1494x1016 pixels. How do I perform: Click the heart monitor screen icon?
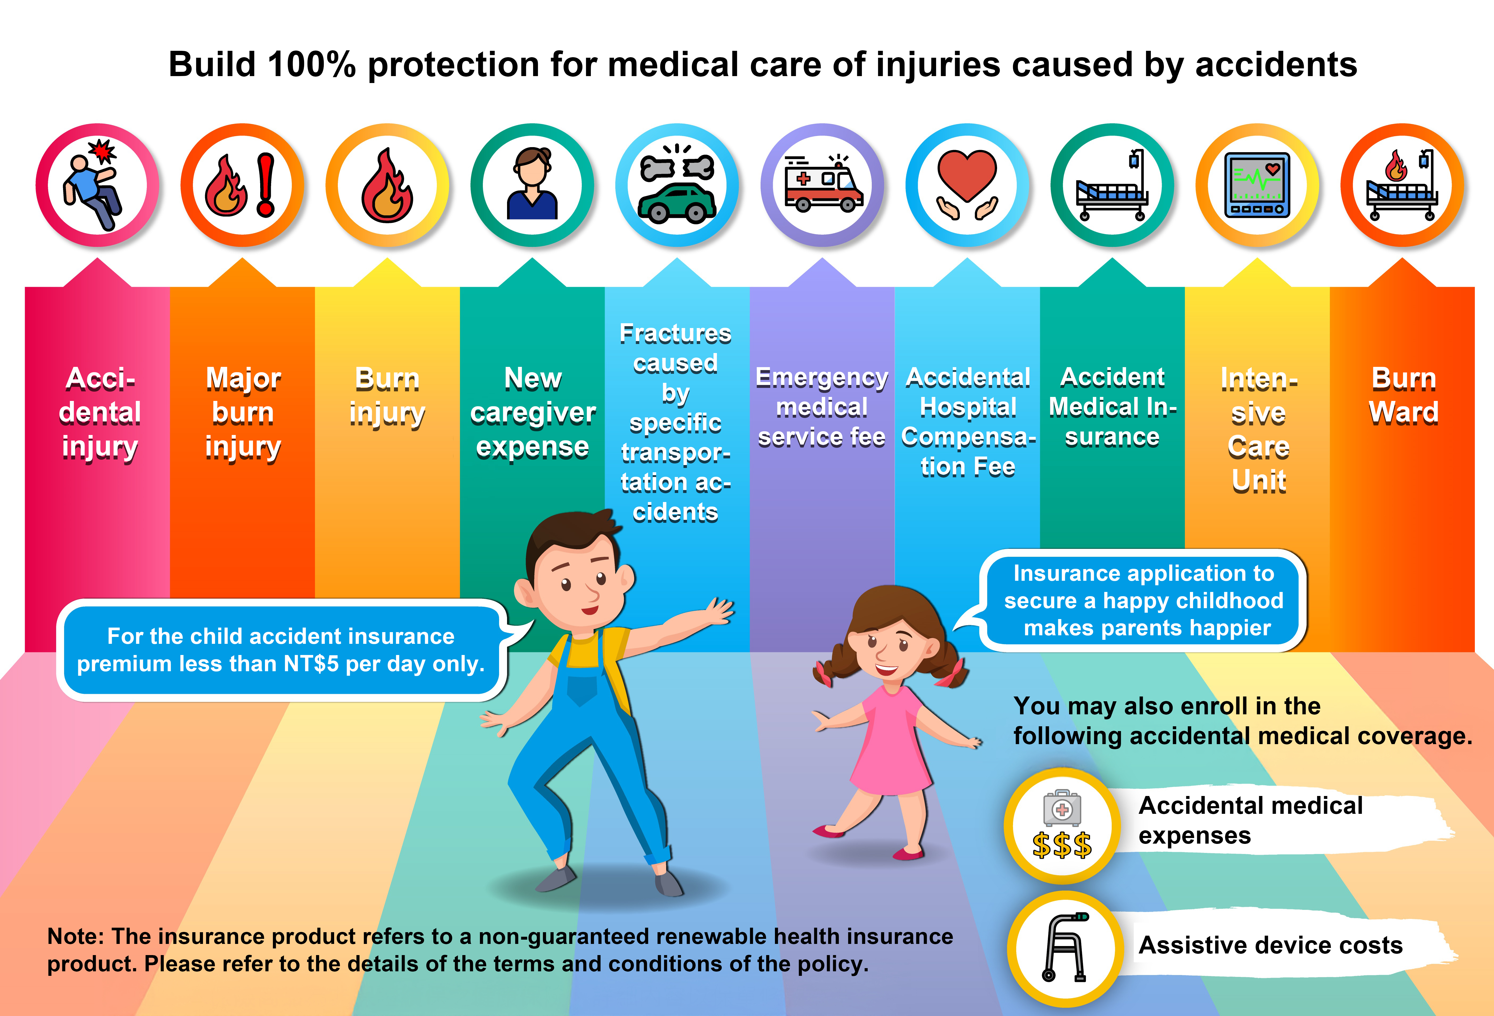1258,185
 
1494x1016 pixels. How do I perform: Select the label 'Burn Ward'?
1403,396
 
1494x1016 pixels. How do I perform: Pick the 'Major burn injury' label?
243,412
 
